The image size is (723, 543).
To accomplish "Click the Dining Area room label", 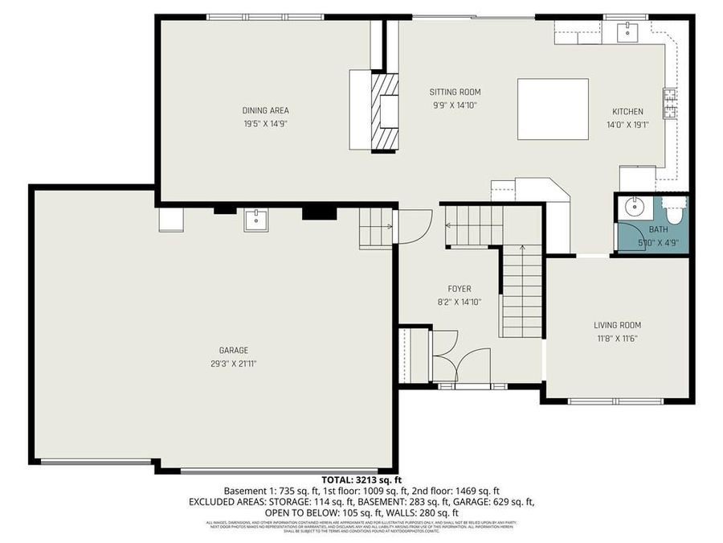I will click(265, 111).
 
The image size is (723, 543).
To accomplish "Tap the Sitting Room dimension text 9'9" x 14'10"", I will click(455, 105).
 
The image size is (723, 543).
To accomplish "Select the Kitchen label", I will click(627, 111).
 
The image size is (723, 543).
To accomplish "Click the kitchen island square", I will click(552, 109).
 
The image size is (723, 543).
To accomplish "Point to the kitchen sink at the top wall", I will click(627, 33).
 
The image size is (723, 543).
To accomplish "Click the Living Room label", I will click(617, 325).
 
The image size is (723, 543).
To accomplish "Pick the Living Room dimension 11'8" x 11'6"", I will click(617, 338).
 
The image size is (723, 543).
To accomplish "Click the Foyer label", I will click(460, 289).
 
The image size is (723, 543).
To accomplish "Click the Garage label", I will click(233, 350).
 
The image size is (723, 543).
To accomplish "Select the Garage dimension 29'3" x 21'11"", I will click(233, 363).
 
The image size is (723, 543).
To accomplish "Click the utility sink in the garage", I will click(256, 220).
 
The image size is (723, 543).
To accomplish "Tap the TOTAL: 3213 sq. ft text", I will click(361, 480).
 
